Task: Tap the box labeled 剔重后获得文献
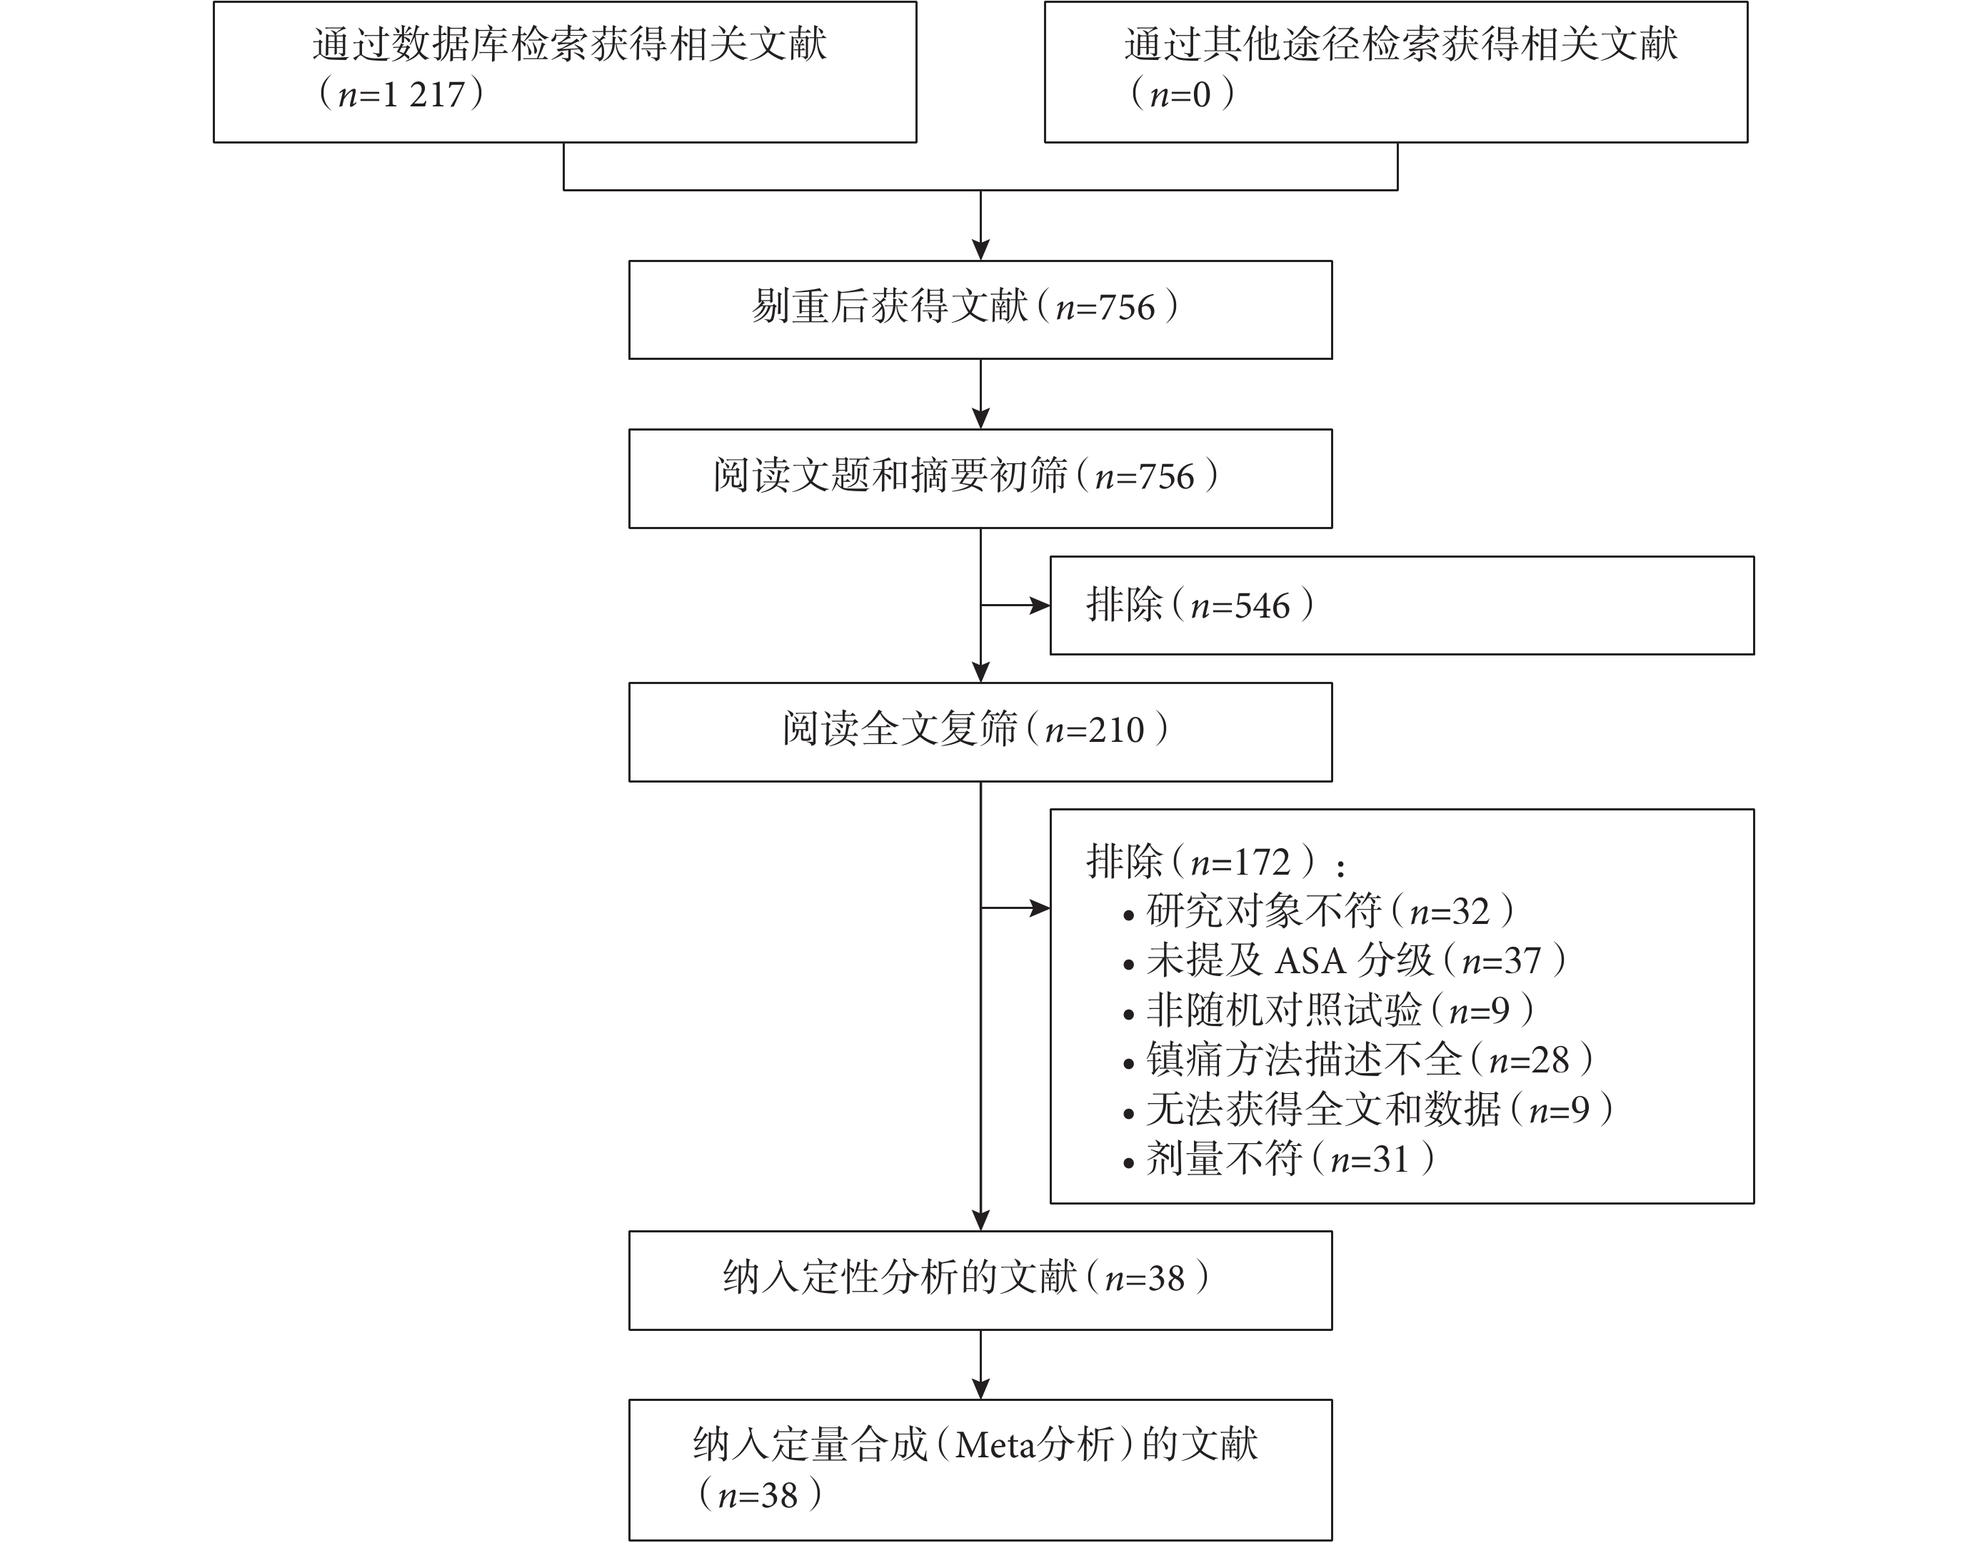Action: click(x=980, y=310)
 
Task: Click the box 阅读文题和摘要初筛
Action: click(x=980, y=479)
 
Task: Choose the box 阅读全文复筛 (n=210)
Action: click(x=980, y=732)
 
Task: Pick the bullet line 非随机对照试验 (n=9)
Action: click(x=1328, y=1010)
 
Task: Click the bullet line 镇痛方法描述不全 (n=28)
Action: click(x=1358, y=1060)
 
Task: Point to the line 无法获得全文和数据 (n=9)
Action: click(x=1368, y=1110)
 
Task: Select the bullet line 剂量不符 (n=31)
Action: click(x=1279, y=1159)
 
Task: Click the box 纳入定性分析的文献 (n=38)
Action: click(x=980, y=1280)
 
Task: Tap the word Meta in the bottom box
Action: click(x=994, y=1445)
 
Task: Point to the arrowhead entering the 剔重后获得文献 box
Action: click(x=980, y=249)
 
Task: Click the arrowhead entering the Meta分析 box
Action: click(x=980, y=1389)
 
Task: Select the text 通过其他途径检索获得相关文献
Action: click(x=1400, y=44)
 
